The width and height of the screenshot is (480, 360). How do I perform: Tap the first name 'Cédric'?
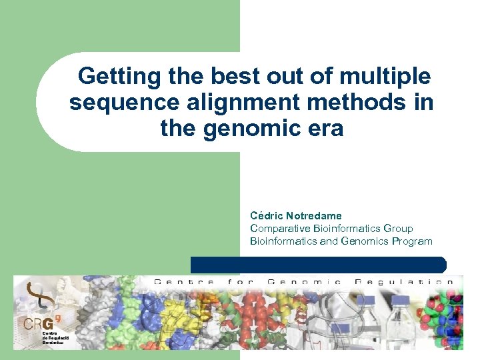[265, 215]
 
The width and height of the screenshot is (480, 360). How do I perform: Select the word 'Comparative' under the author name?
[277, 229]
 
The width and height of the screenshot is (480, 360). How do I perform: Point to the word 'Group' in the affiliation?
[398, 229]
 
